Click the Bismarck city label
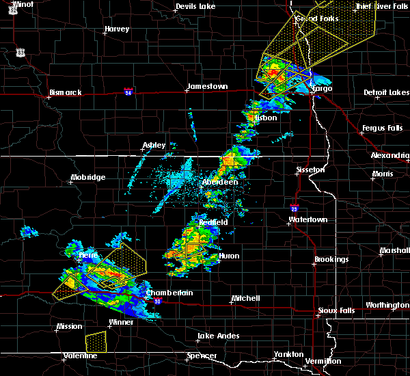(x=66, y=92)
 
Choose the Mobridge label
(x=88, y=178)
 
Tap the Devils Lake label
(x=195, y=6)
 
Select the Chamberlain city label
(x=169, y=293)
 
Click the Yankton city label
(x=288, y=354)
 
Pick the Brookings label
(x=331, y=260)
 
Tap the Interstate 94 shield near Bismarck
(x=128, y=90)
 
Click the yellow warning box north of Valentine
(x=96, y=339)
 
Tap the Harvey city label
(x=117, y=29)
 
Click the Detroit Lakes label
(x=386, y=92)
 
